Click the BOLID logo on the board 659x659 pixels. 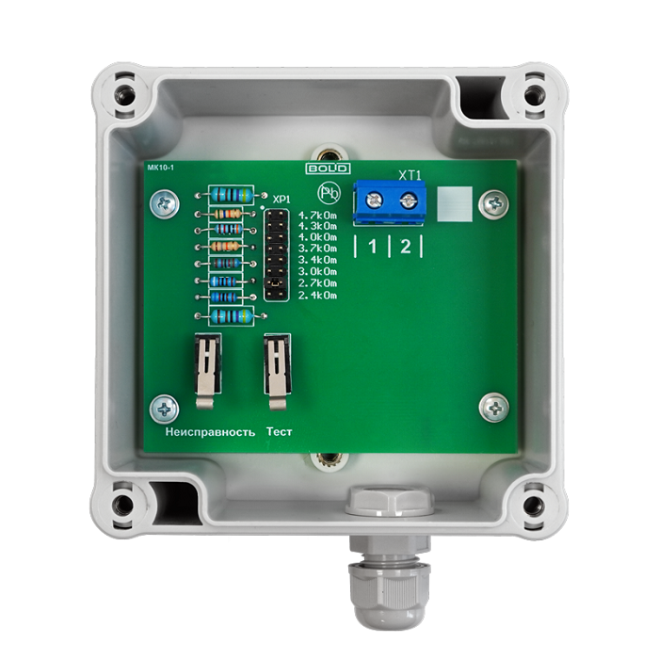click(x=328, y=169)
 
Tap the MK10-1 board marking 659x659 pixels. click(x=161, y=168)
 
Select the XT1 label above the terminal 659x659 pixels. click(x=410, y=175)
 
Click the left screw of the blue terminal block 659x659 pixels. click(x=374, y=201)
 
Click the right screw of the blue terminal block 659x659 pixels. click(x=407, y=201)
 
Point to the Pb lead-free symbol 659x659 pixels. click(x=329, y=192)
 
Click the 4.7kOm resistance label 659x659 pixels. click(x=317, y=216)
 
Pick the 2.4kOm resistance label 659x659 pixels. click(x=317, y=296)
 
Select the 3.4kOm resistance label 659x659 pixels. click(x=317, y=260)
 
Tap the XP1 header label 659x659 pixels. click(x=281, y=200)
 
